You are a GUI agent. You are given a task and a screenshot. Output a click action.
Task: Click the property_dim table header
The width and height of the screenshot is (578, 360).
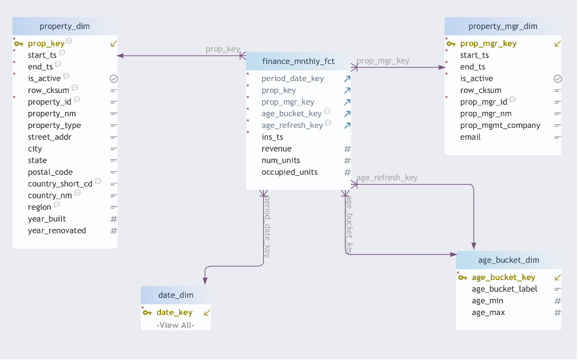(x=64, y=26)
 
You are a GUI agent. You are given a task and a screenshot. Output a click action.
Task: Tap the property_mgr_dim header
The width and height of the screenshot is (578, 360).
(x=502, y=26)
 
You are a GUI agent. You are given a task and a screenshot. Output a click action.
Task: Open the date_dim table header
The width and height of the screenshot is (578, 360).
(x=175, y=295)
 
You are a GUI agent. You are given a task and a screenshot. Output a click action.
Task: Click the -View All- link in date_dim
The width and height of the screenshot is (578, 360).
(x=175, y=325)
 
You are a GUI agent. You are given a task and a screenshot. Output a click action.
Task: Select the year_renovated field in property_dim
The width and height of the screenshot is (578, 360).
(x=57, y=230)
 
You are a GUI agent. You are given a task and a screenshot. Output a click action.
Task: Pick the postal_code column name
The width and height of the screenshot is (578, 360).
(x=50, y=172)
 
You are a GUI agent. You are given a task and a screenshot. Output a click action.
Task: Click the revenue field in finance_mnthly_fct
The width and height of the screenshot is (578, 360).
(x=276, y=149)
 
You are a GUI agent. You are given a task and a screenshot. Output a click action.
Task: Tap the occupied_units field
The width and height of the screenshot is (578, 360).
(x=289, y=172)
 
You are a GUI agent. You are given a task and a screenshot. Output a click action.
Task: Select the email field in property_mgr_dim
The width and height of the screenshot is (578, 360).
(x=470, y=137)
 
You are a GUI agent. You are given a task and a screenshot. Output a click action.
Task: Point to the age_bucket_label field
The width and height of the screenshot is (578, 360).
(x=504, y=289)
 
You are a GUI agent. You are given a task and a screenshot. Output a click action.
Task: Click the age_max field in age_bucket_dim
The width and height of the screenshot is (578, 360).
(x=488, y=312)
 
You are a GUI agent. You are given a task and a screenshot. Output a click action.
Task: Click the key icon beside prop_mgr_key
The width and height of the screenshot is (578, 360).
(x=451, y=43)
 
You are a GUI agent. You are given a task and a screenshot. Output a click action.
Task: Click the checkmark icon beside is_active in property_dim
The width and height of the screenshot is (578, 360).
(x=114, y=78)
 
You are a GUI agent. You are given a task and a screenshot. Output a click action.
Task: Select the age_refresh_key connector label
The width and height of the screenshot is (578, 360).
(x=387, y=178)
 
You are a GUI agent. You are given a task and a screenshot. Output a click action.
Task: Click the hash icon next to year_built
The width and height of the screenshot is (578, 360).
(x=114, y=219)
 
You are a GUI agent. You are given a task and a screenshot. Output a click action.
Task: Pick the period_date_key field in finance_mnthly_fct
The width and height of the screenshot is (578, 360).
(x=292, y=78)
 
